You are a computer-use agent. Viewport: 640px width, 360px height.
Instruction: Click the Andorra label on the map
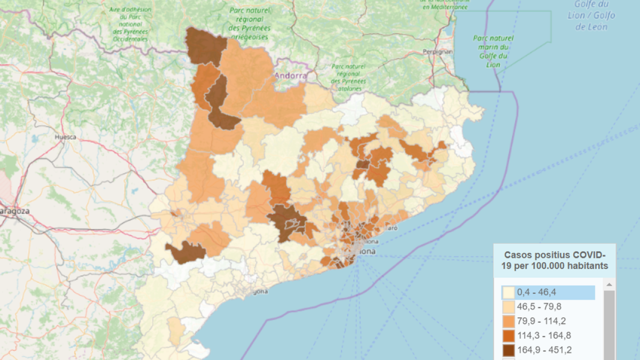291,76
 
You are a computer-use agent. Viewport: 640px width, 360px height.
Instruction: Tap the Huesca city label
65,137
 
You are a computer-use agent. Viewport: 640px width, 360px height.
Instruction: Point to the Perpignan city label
437,52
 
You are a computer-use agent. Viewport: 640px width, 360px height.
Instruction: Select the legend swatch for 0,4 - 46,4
508,292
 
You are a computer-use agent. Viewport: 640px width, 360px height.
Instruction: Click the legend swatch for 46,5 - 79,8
508,307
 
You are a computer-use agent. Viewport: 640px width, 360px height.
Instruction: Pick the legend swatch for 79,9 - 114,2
508,321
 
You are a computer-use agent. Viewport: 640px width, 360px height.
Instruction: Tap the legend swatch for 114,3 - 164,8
508,335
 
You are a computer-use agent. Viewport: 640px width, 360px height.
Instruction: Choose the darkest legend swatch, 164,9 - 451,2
508,350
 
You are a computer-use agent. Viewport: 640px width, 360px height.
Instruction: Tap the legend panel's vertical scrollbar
609,320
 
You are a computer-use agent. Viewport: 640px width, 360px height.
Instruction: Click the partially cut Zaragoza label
14,211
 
